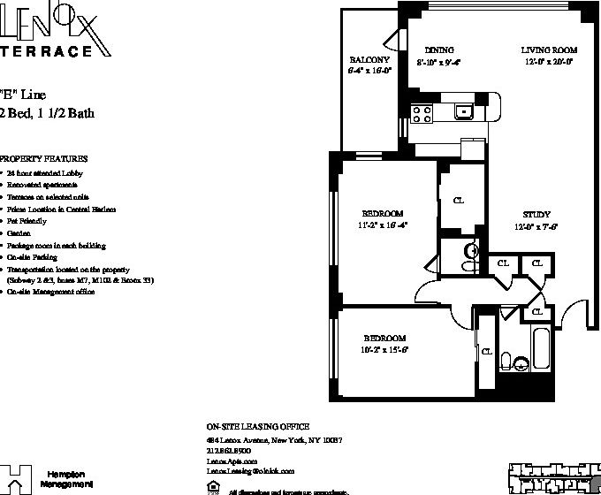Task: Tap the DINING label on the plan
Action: (438, 50)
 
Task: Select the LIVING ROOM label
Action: (548, 50)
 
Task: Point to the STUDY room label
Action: (536, 215)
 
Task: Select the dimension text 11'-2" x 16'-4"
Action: (383, 225)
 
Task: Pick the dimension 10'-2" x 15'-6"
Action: (384, 350)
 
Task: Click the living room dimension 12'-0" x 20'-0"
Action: (548, 62)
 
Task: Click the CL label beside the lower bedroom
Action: (487, 351)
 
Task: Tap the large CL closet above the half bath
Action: (459, 201)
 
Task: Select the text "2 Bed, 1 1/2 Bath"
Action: (49, 112)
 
